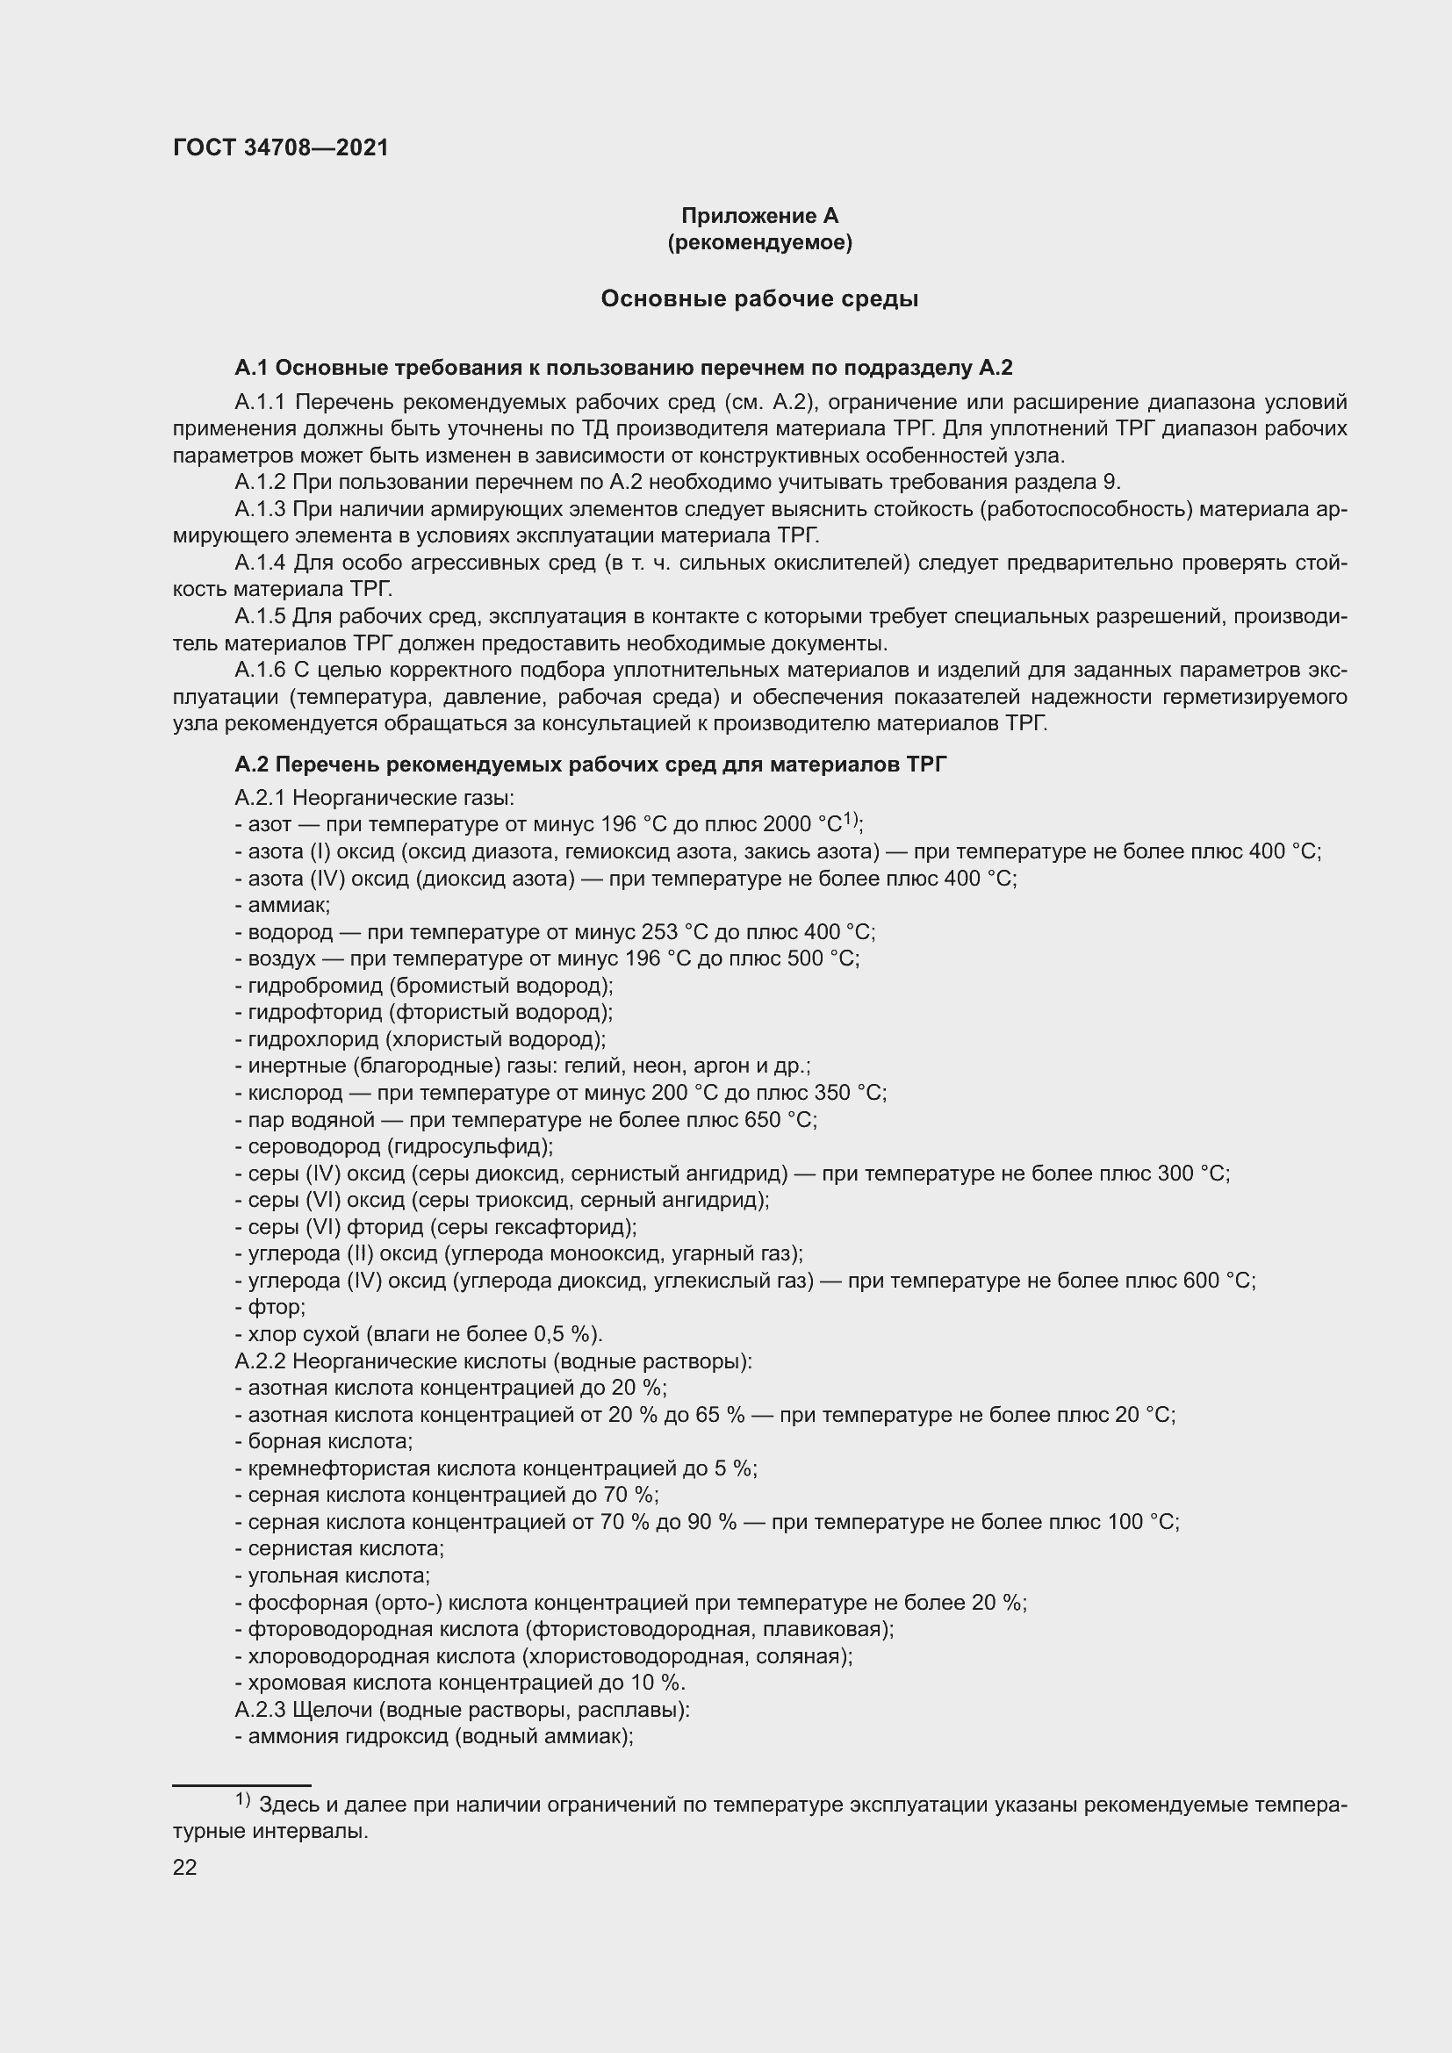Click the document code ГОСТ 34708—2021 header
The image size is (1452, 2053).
click(281, 147)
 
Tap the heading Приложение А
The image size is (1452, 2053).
click(759, 216)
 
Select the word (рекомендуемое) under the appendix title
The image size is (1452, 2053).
click(759, 242)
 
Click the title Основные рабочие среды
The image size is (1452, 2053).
click(759, 298)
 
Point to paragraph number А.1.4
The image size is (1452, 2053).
click(260, 563)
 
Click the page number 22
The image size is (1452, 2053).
click(185, 1867)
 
